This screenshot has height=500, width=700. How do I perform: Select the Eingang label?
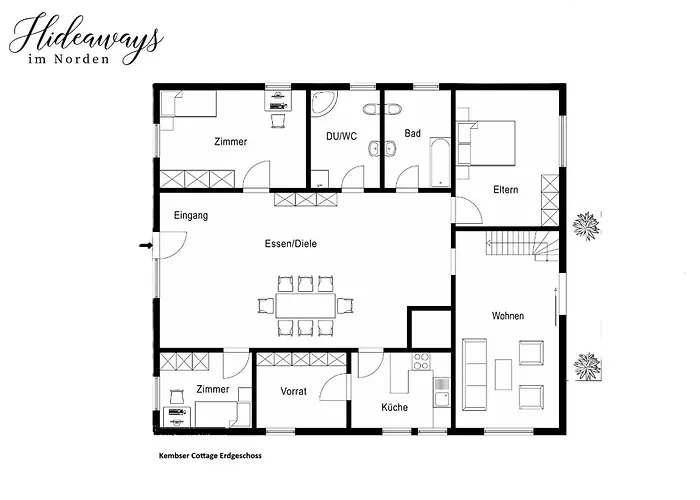click(190, 215)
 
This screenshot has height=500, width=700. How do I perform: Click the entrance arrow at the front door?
click(145, 244)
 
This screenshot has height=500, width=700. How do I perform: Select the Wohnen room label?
click(507, 316)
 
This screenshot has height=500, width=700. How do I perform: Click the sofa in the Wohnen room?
click(474, 374)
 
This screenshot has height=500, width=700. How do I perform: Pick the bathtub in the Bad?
click(437, 162)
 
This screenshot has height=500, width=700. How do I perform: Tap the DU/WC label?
click(341, 135)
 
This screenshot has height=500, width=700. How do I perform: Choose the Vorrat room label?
click(294, 390)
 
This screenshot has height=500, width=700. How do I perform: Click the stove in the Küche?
click(421, 363)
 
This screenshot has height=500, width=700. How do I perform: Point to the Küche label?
click(395, 407)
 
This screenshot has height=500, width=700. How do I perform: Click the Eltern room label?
click(505, 190)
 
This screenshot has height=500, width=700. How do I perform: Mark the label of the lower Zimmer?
click(213, 388)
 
